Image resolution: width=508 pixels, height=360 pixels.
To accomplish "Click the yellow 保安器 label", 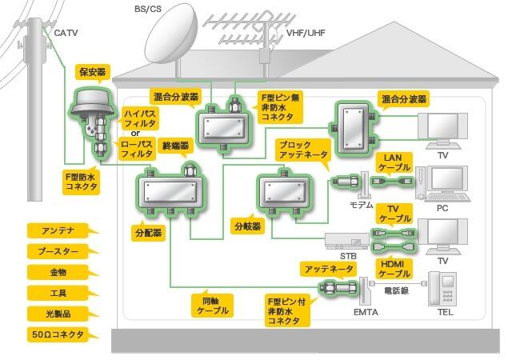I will [x=90, y=72].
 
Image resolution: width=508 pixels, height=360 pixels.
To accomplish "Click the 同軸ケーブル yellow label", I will [x=211, y=304].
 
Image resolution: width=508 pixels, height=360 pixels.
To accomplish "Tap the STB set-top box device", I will [x=346, y=240].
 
